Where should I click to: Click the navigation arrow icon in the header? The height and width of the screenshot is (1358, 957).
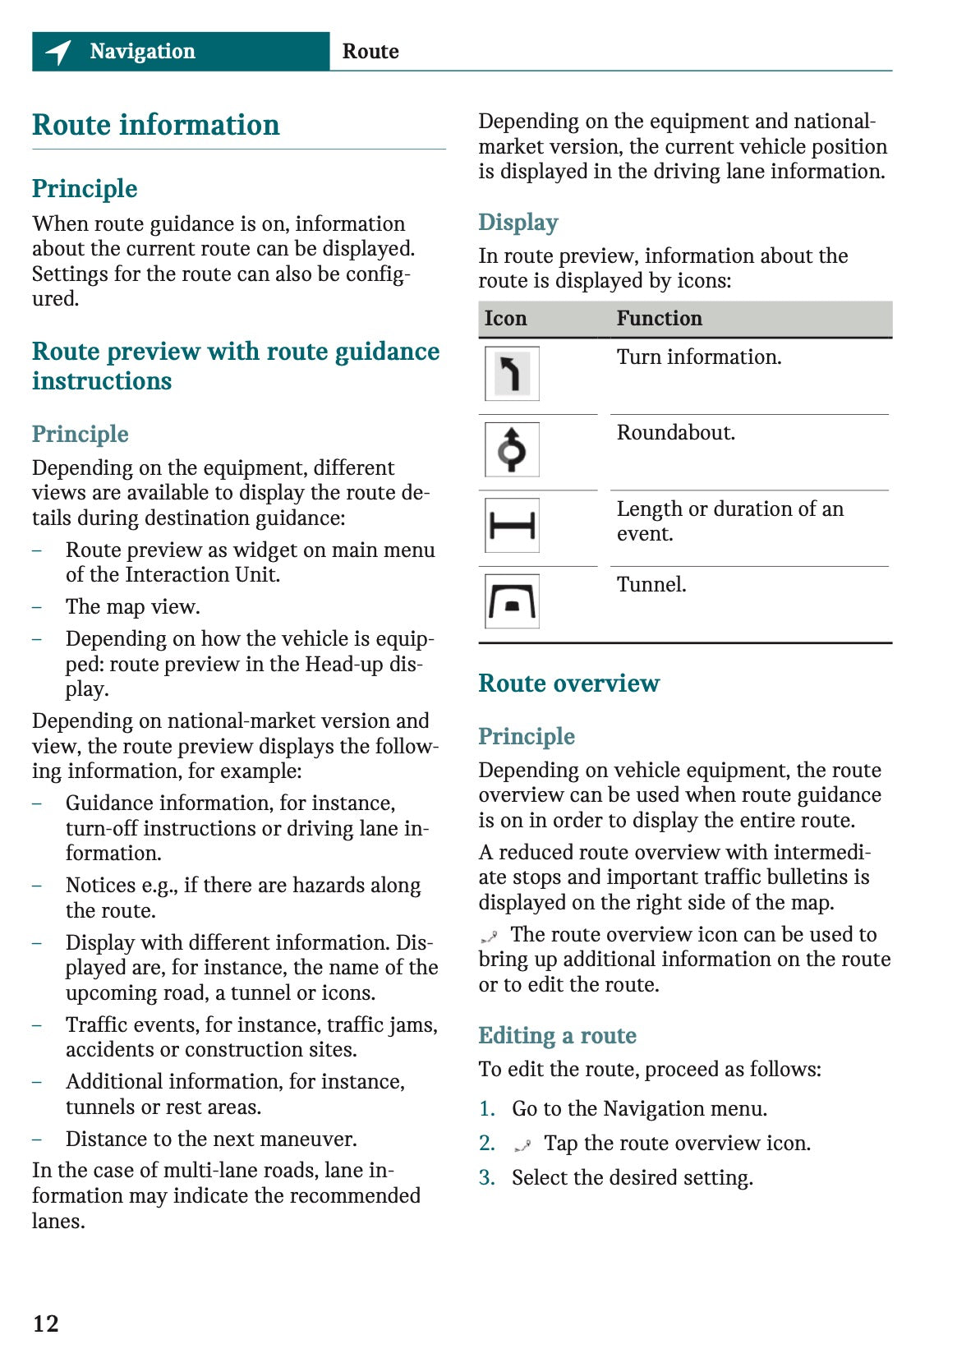(58, 52)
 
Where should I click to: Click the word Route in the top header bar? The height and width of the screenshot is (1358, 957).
(370, 52)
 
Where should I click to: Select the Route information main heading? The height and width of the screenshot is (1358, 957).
(156, 125)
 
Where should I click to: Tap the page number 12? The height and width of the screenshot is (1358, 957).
(46, 1323)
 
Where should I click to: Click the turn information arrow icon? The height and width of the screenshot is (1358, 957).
(512, 374)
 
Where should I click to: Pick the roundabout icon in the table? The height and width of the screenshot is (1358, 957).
(512, 449)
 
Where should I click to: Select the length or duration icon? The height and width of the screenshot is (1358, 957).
(512, 525)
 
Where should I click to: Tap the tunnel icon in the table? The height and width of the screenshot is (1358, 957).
(512, 601)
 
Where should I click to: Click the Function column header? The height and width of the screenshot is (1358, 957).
(660, 319)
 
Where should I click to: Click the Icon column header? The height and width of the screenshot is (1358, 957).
(505, 319)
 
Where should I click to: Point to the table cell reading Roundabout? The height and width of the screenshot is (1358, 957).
(676, 433)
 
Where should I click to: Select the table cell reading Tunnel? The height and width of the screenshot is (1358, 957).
(651, 585)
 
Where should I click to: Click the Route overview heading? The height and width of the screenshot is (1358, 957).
(568, 684)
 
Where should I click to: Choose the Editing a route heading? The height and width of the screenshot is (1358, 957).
(557, 1036)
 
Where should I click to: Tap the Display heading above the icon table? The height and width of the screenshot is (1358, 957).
(518, 223)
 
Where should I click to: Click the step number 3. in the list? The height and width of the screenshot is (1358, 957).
(487, 1178)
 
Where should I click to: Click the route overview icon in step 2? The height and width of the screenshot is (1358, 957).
(522, 1144)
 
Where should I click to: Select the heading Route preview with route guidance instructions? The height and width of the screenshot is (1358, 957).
(236, 366)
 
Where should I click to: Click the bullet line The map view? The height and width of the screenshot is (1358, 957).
(133, 607)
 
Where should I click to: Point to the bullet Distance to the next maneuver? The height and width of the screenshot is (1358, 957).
(211, 1139)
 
